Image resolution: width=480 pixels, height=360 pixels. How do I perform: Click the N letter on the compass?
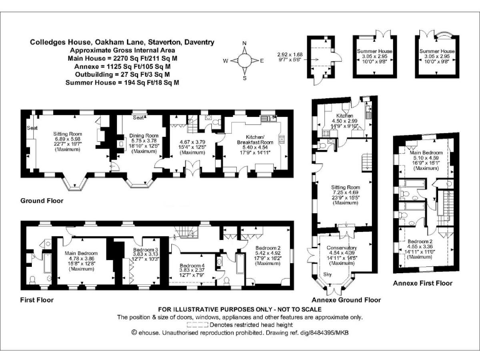244,43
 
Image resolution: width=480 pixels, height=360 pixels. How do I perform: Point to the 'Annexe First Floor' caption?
422,283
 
